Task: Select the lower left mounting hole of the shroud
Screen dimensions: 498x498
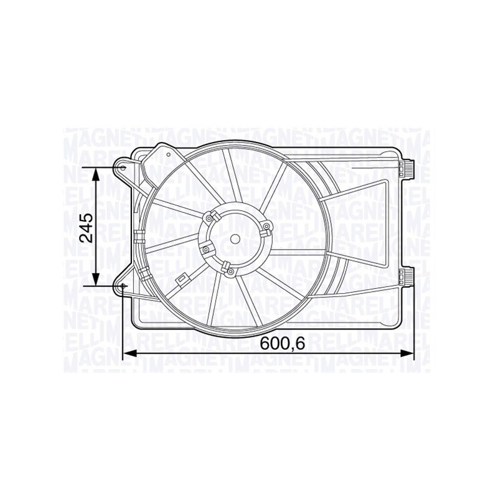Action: click(x=123, y=286)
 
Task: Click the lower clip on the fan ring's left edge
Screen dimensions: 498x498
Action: click(x=144, y=275)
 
